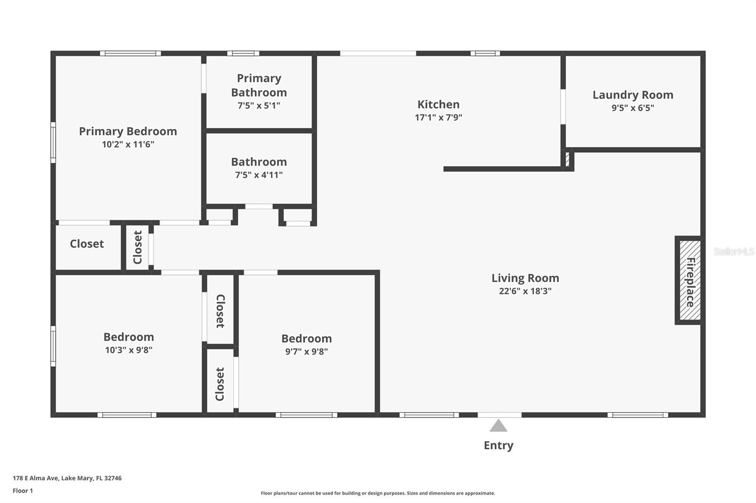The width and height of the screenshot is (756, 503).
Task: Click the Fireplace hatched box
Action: point(690,280)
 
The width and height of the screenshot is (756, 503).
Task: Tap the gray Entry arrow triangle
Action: point(498,426)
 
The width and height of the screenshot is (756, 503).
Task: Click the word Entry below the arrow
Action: point(498,445)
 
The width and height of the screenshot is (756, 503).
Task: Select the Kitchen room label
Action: point(438,104)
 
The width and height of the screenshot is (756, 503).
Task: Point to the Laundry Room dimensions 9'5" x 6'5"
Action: point(633,108)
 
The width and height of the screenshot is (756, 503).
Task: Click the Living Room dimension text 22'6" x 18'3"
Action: point(525,291)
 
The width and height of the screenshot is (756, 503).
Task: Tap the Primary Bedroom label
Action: point(128,132)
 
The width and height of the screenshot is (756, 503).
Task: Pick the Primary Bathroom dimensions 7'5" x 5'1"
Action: point(259,106)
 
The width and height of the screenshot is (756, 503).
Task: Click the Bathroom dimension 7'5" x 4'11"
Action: point(259,175)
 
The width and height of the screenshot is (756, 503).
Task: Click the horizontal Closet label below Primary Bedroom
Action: point(87,244)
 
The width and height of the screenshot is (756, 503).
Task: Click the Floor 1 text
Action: point(23,491)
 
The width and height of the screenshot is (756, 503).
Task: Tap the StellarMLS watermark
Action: point(734,251)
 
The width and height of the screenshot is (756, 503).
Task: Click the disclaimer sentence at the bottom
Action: point(378,493)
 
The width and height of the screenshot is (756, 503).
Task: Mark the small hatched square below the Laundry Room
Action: point(567,159)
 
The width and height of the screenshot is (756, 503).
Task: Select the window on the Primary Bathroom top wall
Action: point(243,53)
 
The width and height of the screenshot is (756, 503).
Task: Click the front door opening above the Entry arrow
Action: point(499,415)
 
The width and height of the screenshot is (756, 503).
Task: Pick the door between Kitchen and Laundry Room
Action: point(563,107)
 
